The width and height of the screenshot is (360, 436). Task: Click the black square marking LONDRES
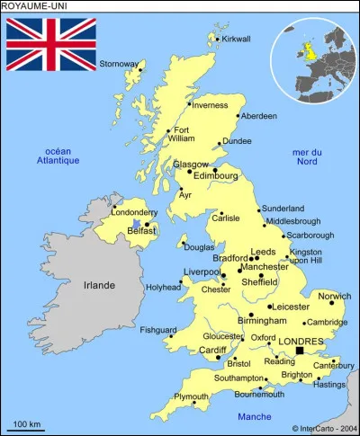(299, 351)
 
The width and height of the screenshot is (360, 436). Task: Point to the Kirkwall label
(235, 39)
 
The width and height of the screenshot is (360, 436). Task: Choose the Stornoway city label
(119, 64)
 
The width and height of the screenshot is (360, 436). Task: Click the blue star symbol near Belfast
(135, 224)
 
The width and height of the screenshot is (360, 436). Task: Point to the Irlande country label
(99, 285)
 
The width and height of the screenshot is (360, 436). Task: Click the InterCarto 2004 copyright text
(323, 428)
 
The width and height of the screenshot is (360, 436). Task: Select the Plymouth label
(191, 396)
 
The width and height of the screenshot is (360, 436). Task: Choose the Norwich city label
(335, 296)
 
